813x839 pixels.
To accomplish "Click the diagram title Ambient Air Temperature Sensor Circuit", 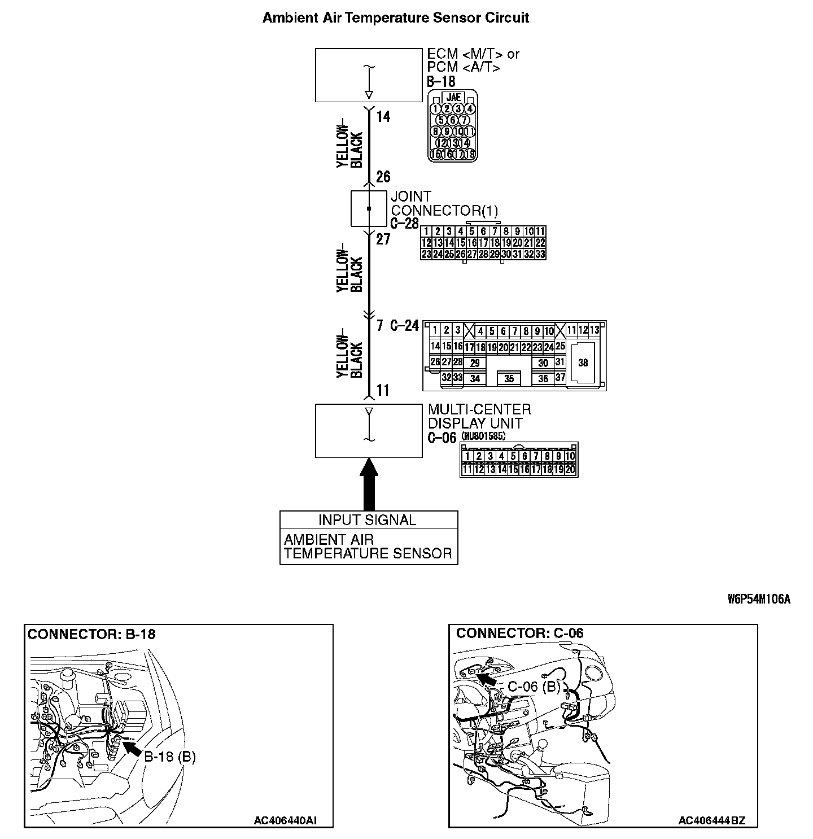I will [x=396, y=18].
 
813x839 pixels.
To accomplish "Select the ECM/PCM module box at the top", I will [x=369, y=75].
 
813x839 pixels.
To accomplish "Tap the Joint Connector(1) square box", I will [x=369, y=209].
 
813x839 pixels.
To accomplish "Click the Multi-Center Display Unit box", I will [x=369, y=430].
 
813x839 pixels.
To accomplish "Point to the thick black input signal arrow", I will [x=369, y=484].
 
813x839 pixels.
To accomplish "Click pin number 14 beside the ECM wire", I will [x=383, y=117].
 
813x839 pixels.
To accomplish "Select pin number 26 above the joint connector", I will [x=383, y=177].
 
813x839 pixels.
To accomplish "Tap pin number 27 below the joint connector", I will [x=383, y=239].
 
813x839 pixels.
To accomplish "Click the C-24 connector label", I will [x=405, y=326].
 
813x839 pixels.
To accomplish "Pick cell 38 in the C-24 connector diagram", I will [x=583, y=362].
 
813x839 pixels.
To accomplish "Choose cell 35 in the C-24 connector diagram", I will [x=509, y=379].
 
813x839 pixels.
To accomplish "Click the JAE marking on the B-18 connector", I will [x=453, y=98].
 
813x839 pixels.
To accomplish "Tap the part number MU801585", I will [x=483, y=436].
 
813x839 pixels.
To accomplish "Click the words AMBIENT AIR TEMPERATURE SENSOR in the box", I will [x=368, y=547].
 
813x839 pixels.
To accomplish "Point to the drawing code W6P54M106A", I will [x=759, y=600].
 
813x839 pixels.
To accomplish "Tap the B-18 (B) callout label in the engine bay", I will [x=170, y=757].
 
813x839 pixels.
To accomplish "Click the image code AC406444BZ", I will [x=711, y=820].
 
